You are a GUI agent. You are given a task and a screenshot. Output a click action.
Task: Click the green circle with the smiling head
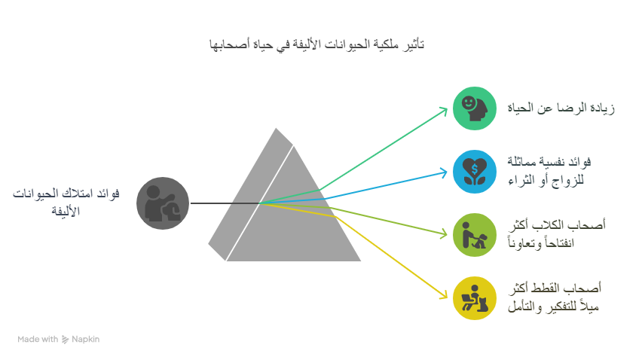point(475,108)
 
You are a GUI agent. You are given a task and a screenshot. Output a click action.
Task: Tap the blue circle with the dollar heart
point(475,172)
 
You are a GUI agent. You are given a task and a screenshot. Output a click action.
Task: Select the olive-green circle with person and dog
point(475,235)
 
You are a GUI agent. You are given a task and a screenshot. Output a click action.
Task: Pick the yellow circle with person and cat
point(475,298)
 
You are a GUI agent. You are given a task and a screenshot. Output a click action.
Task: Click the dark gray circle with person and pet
point(163,203)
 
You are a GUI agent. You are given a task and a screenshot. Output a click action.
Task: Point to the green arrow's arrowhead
point(443,111)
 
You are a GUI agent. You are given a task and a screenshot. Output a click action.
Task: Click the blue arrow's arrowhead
point(443,172)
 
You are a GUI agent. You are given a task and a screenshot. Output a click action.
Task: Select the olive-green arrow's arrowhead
point(443,234)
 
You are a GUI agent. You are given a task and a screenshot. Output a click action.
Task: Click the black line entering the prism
point(225,203)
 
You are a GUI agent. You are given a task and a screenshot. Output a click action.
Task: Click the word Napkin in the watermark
point(86,339)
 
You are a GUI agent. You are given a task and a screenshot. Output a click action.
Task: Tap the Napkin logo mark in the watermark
point(65,340)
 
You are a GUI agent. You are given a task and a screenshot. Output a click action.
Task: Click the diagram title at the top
point(316,44)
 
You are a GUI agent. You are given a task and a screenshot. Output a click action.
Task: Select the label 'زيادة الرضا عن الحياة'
point(561,108)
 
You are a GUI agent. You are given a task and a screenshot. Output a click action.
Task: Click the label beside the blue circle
point(549,171)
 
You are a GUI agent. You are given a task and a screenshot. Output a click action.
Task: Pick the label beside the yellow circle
point(555,297)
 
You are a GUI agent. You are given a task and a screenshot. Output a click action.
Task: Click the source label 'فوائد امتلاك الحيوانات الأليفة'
point(66,202)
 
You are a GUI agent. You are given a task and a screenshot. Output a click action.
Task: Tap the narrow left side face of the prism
point(251,194)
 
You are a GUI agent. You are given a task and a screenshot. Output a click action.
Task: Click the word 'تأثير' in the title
point(413,44)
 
